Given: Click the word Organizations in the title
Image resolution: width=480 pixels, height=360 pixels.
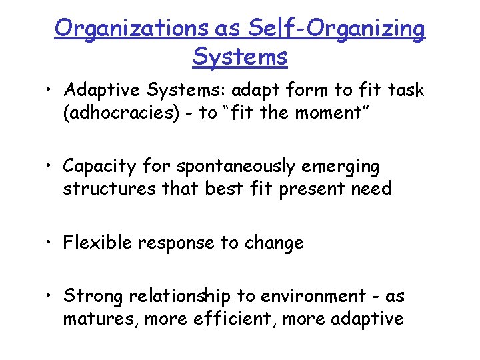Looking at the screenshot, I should tap(132, 29).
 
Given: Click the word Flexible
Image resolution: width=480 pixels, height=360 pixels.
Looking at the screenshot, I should tap(97, 243).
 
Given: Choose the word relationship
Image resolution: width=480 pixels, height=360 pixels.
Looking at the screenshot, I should tap(183, 297).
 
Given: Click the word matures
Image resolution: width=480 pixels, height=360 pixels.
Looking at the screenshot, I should tap(93, 319).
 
